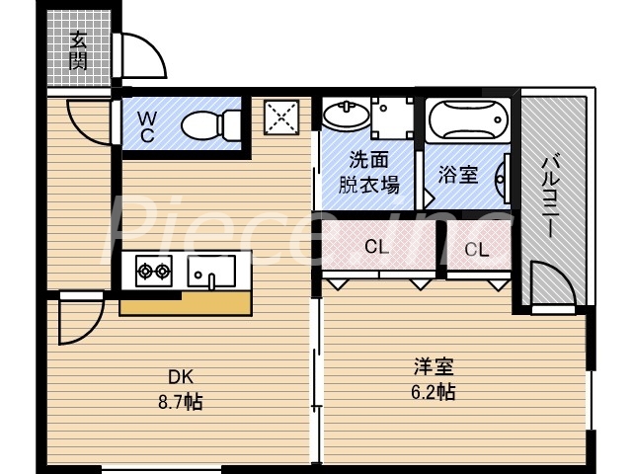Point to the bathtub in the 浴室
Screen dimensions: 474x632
(470, 120)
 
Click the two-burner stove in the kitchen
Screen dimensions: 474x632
(153, 271)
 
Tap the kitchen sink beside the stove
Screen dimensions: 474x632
(212, 271)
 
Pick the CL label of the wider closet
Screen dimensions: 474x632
(376, 247)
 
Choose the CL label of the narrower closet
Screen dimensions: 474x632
(477, 250)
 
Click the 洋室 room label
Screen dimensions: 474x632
(434, 367)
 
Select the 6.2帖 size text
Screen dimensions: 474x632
(434, 392)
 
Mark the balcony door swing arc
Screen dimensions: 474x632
(552, 286)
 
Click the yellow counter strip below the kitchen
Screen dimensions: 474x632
(185, 303)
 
